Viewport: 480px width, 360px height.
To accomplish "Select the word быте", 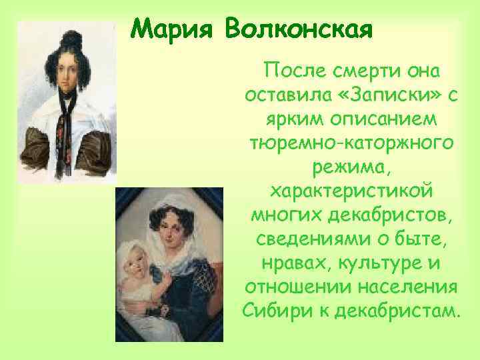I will [417, 239].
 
